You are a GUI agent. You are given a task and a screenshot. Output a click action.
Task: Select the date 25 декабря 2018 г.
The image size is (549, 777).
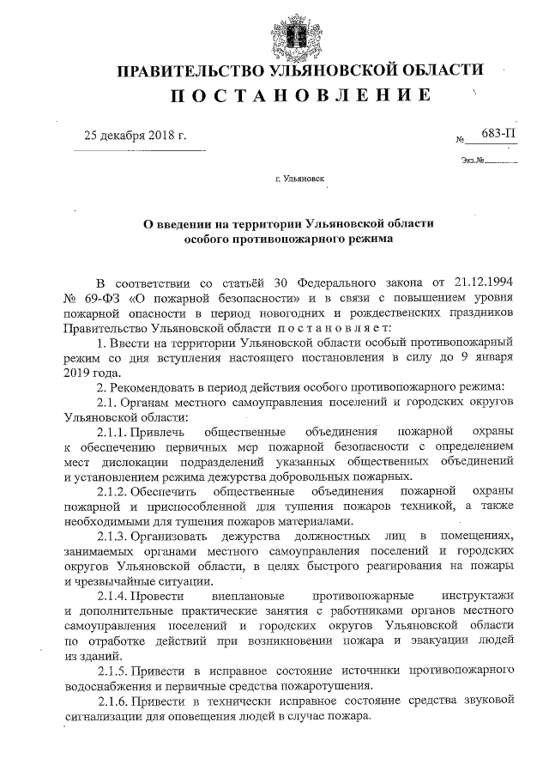(x=134, y=135)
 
